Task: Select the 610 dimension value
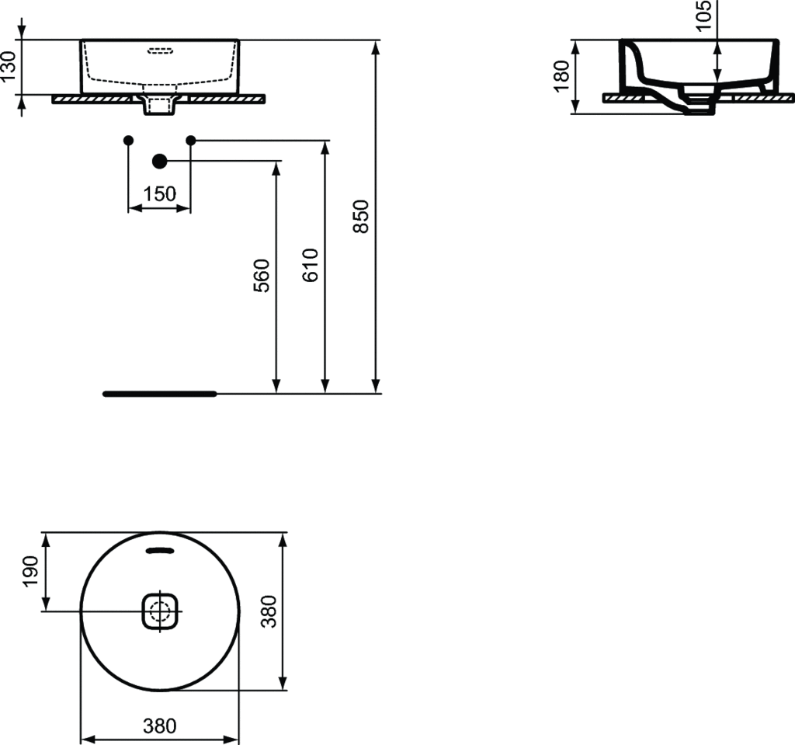(x=311, y=266)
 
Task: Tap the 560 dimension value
(x=262, y=275)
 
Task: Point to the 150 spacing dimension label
(x=160, y=194)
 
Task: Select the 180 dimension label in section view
(x=562, y=76)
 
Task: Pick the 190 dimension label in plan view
(x=30, y=572)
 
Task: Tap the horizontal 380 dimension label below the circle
(x=160, y=726)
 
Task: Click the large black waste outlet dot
(x=160, y=161)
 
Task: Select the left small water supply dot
(x=129, y=140)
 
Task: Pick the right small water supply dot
(x=191, y=140)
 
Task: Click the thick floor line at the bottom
(x=160, y=393)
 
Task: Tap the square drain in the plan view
(x=161, y=611)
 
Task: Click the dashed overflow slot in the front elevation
(x=161, y=52)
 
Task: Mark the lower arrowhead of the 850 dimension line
(x=377, y=386)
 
